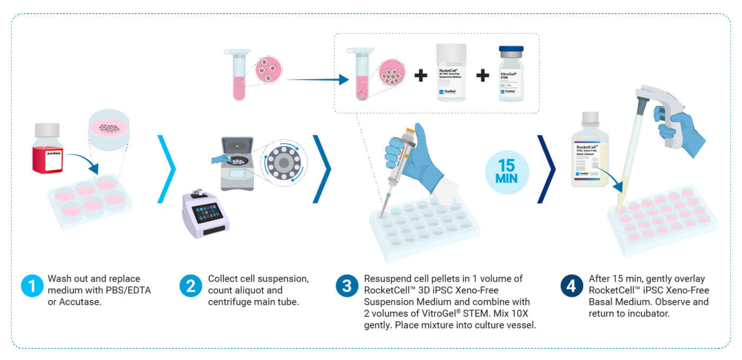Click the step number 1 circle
[31, 286]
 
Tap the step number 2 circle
[190, 286]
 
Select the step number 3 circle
[346, 286]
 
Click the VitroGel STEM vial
[511, 74]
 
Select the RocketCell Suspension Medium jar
[451, 73]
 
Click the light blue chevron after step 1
[166, 169]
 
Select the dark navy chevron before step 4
[546, 169]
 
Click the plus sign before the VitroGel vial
[482, 76]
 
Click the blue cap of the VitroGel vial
[511, 49]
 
